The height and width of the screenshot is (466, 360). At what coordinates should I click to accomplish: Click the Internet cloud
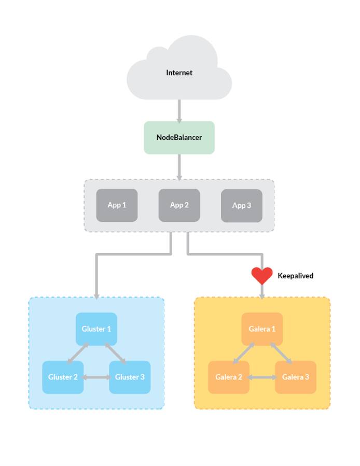(x=179, y=73)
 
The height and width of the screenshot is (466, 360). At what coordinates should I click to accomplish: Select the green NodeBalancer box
(x=179, y=137)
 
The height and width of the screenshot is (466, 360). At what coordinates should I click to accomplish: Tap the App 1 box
(x=117, y=205)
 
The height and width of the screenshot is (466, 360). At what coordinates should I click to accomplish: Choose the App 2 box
(x=179, y=205)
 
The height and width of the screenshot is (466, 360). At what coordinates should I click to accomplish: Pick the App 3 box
(x=241, y=205)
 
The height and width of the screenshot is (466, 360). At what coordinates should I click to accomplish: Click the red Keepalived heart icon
(x=262, y=275)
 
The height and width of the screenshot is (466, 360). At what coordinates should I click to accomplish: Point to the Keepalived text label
(x=295, y=276)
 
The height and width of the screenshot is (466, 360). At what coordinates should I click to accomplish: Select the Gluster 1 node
(x=96, y=329)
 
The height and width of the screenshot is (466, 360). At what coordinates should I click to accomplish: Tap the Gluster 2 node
(x=63, y=377)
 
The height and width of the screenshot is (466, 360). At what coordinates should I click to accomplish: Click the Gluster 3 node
(x=130, y=377)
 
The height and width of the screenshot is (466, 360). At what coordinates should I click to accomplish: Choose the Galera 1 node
(x=262, y=329)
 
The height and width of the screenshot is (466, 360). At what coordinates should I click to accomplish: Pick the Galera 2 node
(x=229, y=377)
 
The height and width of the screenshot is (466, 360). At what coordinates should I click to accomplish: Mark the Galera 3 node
(x=295, y=377)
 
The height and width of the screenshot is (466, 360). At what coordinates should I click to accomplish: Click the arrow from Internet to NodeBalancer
(x=179, y=110)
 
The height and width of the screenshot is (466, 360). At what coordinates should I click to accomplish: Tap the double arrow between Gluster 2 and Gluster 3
(x=96, y=377)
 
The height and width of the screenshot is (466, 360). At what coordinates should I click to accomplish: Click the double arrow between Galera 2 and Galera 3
(x=262, y=377)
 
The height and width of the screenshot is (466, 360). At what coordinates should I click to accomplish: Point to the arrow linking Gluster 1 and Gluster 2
(x=78, y=353)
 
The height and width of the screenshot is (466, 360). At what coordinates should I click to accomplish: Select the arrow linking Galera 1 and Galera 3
(x=281, y=353)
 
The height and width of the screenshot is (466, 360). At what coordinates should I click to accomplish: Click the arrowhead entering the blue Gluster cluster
(x=96, y=295)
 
